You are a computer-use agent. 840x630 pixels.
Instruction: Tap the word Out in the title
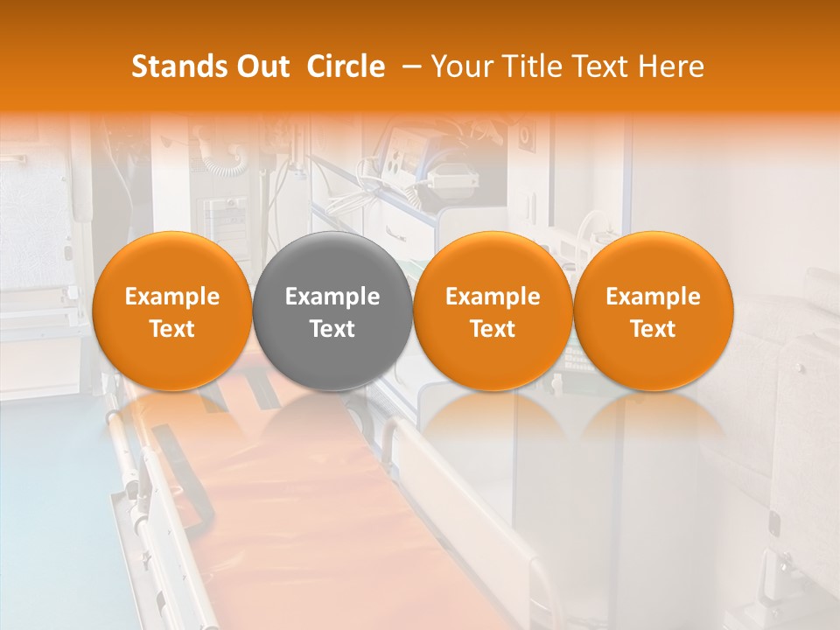pyautogui.click(x=262, y=66)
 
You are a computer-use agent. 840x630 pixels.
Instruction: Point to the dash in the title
pyautogui.click(x=408, y=66)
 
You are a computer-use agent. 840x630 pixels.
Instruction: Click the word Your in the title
pyautogui.click(x=458, y=66)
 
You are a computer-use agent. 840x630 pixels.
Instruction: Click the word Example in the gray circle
pyautogui.click(x=332, y=297)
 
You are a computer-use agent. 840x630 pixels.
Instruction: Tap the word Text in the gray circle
pyautogui.click(x=332, y=329)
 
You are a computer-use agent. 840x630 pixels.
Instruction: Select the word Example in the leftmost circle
pyautogui.click(x=172, y=297)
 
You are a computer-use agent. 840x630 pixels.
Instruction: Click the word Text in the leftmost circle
pyautogui.click(x=172, y=329)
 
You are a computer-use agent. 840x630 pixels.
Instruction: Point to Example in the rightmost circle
pyautogui.click(x=653, y=297)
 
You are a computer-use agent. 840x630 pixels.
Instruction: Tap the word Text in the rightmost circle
pyautogui.click(x=653, y=329)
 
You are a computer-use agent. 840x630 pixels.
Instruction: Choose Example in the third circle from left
pyautogui.click(x=493, y=297)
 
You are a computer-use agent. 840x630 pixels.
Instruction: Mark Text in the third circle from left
pyautogui.click(x=493, y=329)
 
